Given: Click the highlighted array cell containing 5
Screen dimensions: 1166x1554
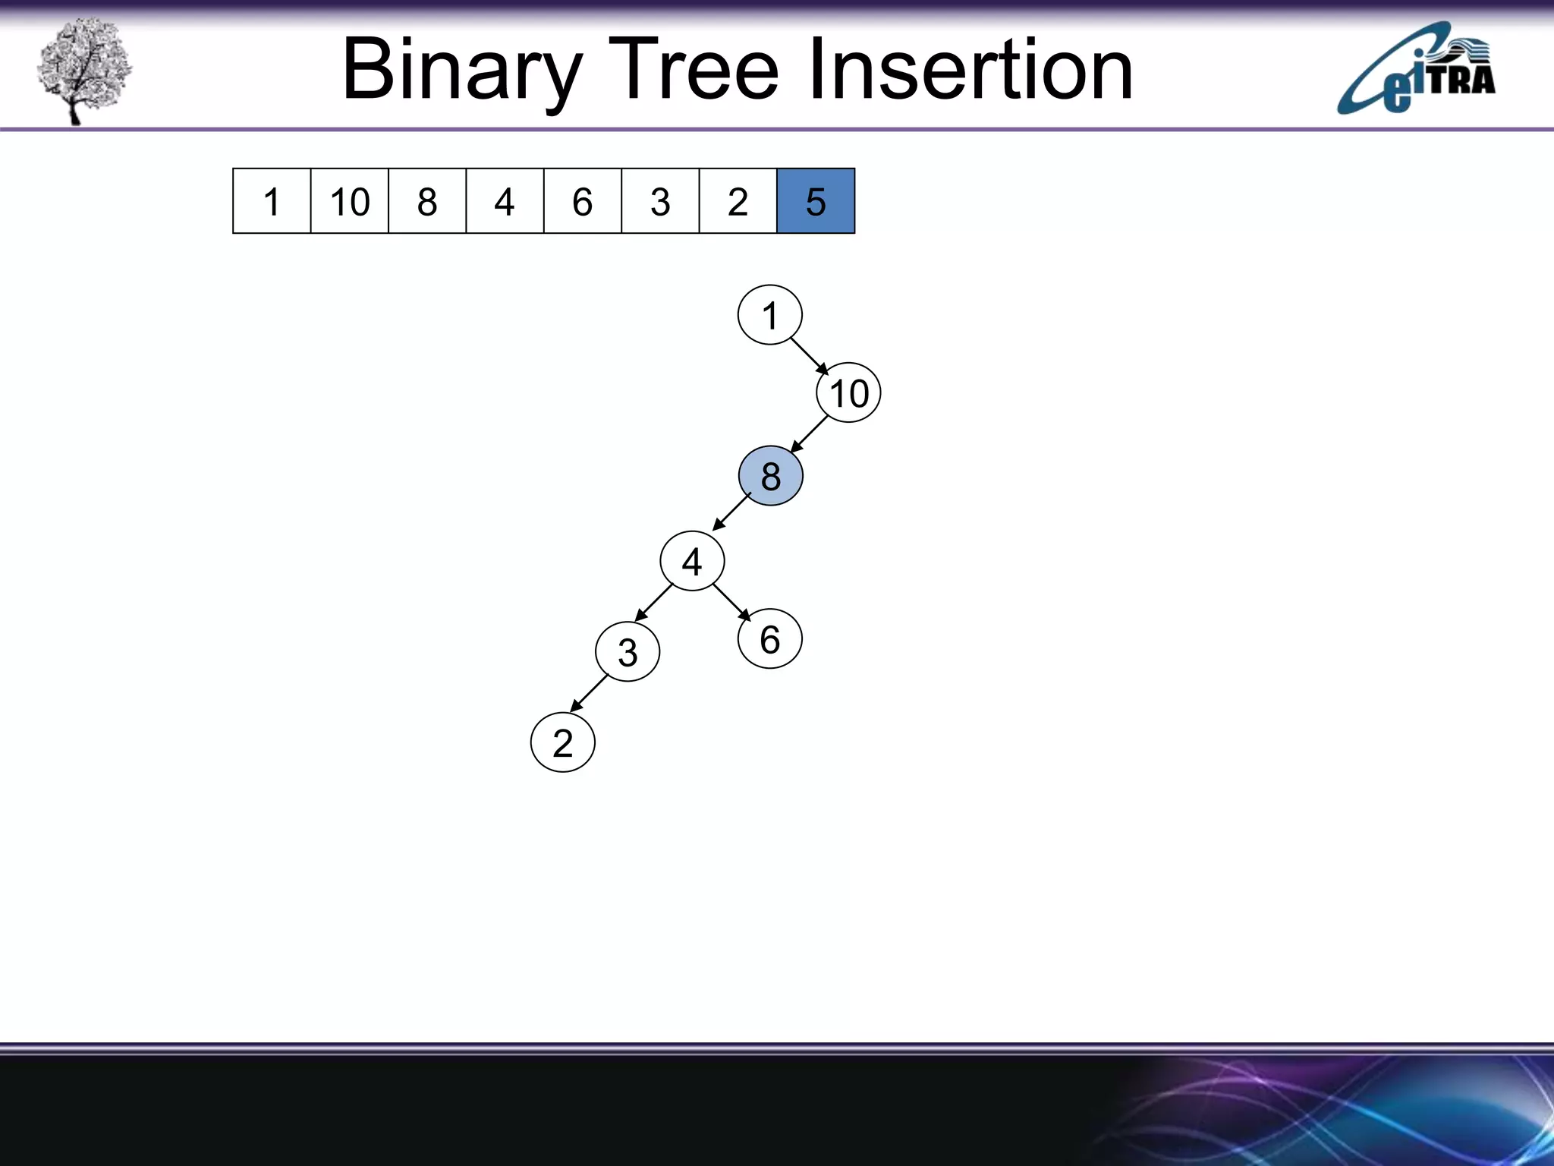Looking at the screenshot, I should point(816,201).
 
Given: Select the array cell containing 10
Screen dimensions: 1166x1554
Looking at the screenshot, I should point(350,201).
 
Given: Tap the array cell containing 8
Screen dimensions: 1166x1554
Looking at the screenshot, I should point(427,201).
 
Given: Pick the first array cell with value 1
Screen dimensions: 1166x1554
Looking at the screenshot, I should point(272,201).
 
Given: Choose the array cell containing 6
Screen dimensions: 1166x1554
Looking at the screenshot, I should point(582,201).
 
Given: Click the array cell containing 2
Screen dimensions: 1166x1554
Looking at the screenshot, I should point(738,201).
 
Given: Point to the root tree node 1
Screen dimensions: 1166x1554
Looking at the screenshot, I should point(769,315).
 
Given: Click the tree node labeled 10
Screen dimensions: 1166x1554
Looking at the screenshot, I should point(848,393).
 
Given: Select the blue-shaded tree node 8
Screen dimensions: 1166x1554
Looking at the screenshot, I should point(770,476).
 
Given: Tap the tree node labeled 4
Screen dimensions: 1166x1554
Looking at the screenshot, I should point(692,561).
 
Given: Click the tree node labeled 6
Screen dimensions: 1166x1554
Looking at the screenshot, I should point(769,639).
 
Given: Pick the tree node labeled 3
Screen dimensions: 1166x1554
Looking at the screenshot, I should point(628,652).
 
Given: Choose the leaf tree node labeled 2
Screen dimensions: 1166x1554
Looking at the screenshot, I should point(562,742).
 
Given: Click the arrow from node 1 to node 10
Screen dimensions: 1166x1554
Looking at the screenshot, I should point(810,356).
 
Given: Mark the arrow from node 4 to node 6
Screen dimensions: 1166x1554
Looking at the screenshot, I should point(731,602).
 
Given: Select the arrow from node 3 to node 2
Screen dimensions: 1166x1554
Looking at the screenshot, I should point(590,692).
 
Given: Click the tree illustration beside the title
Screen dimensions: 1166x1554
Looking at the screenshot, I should point(83,70).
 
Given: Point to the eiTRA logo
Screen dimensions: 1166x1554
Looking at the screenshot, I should point(1416,70).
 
